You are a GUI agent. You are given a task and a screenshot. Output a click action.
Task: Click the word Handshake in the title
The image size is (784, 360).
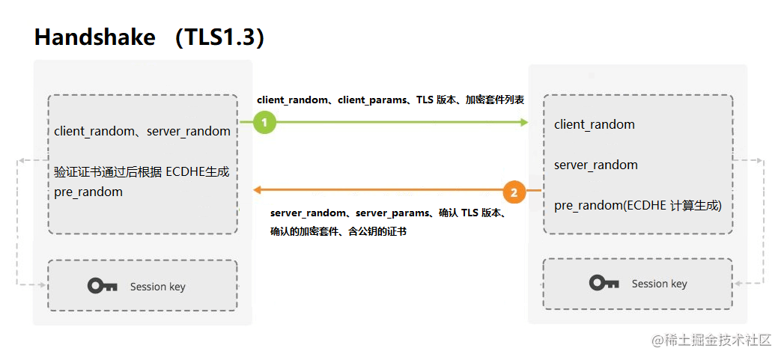tap(95, 37)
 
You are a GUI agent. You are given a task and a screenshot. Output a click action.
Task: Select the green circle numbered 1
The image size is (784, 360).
tap(264, 122)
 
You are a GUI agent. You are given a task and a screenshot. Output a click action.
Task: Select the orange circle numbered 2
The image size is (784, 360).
tap(514, 192)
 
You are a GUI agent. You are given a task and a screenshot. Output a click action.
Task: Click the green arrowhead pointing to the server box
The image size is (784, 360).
tap(524, 122)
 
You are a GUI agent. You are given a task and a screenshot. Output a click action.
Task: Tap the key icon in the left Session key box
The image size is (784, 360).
tap(103, 286)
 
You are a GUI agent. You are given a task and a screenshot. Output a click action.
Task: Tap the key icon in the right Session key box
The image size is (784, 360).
tap(604, 283)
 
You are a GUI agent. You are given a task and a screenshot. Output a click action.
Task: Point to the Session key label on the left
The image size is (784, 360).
tap(157, 287)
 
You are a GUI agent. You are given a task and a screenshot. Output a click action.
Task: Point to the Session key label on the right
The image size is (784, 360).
tap(659, 284)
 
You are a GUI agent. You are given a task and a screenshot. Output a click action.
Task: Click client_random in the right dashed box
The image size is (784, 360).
tap(594, 124)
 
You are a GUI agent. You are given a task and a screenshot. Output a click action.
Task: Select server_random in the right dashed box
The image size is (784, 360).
tap(595, 165)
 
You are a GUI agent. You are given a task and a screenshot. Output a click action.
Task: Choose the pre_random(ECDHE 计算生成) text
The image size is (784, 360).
tap(637, 206)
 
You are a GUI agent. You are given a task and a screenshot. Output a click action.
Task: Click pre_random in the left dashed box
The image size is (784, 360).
tap(88, 192)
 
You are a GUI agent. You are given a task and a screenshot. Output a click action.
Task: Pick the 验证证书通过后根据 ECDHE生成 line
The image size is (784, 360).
tap(142, 172)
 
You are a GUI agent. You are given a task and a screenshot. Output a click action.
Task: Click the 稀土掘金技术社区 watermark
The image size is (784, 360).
tap(711, 341)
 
